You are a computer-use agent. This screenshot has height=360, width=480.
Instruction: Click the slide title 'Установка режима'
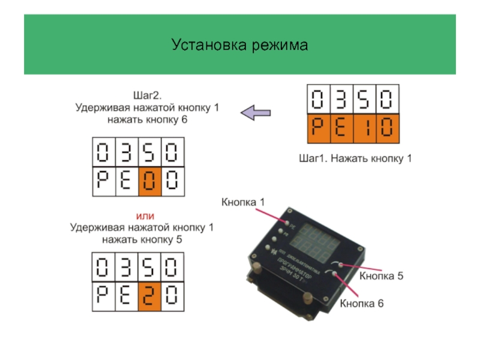(x=239, y=45)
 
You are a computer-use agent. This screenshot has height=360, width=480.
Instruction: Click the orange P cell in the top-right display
(x=319, y=128)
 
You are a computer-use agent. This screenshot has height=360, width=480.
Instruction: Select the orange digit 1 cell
(x=365, y=128)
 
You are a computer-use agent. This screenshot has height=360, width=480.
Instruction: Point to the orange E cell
(x=342, y=128)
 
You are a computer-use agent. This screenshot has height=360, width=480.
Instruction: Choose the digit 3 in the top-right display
(x=342, y=99)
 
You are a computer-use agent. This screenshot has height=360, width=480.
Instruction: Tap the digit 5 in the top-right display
(x=365, y=99)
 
